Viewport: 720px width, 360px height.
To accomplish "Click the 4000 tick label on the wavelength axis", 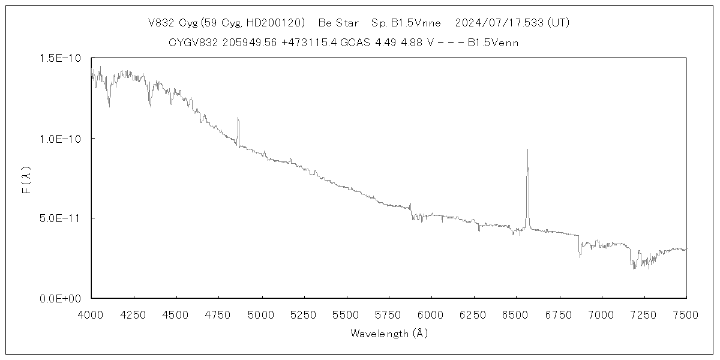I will point(91,314).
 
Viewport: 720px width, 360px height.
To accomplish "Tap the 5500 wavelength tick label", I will point(346,314).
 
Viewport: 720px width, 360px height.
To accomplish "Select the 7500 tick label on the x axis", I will point(686,314).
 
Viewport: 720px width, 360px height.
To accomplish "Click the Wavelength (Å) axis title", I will point(389,334).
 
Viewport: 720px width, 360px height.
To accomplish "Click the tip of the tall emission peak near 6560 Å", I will point(527,149).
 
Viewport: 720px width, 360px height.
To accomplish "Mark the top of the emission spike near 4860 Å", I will point(238,118).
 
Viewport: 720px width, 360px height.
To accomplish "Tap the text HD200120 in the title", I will point(279,23).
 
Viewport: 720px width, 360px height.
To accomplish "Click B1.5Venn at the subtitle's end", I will point(493,43).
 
